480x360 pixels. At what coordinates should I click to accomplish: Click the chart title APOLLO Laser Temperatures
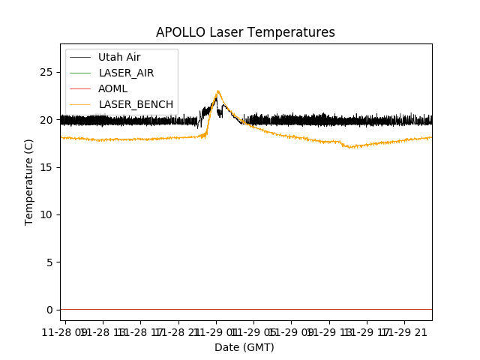point(245,32)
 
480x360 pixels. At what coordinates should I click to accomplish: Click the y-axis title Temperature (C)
point(29,181)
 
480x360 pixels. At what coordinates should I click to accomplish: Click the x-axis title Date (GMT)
point(244,347)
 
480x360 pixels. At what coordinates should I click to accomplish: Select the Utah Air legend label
point(119,57)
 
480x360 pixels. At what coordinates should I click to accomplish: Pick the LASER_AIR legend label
point(126,73)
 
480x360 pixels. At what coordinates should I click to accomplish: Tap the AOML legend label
point(112,88)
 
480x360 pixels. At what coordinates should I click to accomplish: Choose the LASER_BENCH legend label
point(136,104)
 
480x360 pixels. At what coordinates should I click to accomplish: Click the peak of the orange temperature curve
point(218,91)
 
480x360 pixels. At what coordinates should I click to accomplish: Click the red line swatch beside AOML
point(80,88)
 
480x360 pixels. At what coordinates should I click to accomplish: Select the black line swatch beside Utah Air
point(80,57)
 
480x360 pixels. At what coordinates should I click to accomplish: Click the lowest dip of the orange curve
point(349,148)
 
